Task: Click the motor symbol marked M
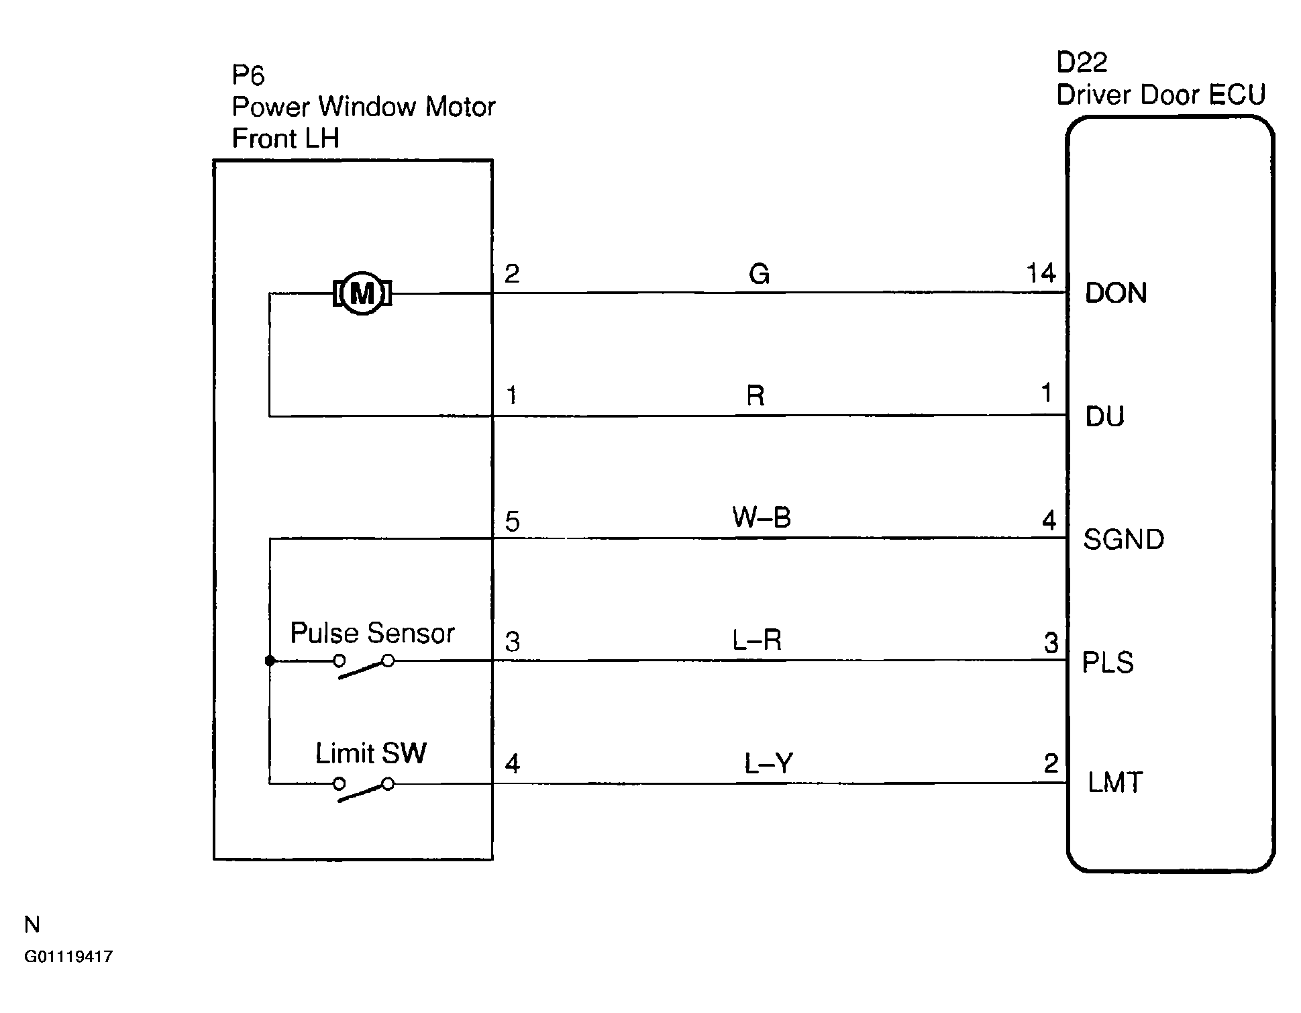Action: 362,293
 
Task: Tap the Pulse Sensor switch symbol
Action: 364,666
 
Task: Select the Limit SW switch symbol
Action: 364,789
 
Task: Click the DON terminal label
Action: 1116,293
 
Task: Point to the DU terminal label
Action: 1104,417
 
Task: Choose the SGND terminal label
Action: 1123,540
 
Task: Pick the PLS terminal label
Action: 1108,663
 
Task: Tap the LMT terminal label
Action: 1114,783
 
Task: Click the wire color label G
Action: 759,274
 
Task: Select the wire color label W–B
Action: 762,518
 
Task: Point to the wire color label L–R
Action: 757,641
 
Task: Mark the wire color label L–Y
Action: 768,763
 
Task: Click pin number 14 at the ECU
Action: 1041,273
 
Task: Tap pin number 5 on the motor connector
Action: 513,522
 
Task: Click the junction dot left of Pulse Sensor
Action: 270,661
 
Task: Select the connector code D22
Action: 1082,62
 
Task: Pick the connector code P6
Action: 248,75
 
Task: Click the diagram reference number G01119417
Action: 68,957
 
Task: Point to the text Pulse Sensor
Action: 372,633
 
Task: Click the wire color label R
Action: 756,396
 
